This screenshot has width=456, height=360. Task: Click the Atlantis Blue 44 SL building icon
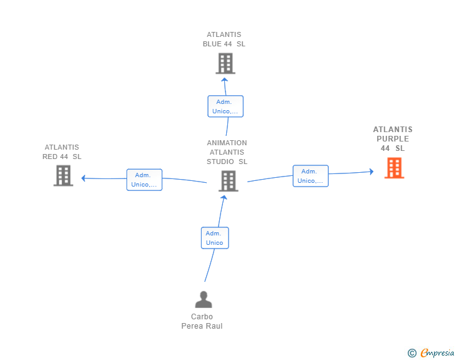coord(225,63)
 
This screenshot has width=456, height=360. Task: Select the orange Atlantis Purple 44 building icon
coord(395,168)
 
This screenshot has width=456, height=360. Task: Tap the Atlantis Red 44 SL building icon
coord(63,176)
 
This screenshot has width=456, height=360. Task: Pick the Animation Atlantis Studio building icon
coord(228,181)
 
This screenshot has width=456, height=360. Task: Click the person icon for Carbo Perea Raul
coord(204,299)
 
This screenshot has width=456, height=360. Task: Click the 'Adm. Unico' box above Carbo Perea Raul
coord(215,238)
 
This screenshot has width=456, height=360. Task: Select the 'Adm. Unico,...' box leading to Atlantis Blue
coord(225,106)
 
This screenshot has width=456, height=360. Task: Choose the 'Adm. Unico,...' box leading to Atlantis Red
coord(144,180)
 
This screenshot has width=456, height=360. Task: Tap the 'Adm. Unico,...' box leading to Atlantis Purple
coord(311,176)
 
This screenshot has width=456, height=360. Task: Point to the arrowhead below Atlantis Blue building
coord(224,80)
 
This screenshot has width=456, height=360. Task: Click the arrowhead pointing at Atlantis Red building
coord(83,178)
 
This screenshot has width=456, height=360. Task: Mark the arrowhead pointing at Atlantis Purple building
coord(371,172)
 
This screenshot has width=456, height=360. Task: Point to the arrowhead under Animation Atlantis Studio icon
coord(224,197)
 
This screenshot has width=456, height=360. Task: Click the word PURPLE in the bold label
coord(393,139)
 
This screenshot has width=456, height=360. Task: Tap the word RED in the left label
coord(49,157)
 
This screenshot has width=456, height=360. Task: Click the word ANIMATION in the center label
coord(227,143)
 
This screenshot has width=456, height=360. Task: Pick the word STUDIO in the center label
coord(220,162)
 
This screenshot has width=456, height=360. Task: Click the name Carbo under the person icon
coord(202,317)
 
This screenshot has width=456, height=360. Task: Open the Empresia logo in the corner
coord(431,352)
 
